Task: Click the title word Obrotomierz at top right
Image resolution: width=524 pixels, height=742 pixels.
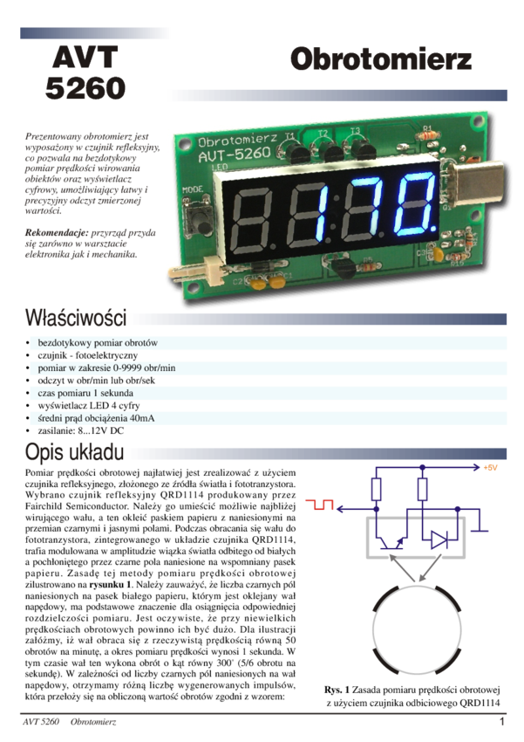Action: click(381, 60)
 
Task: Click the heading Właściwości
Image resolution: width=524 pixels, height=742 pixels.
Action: click(77, 316)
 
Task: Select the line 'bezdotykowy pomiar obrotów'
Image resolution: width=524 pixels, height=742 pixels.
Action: click(98, 343)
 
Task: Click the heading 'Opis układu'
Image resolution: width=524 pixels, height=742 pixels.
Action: click(73, 453)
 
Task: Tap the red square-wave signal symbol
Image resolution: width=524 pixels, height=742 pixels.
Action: click(319, 504)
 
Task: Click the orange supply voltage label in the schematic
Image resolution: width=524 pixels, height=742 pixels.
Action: click(490, 466)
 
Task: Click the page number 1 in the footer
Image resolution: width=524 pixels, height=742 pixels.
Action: click(501, 722)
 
